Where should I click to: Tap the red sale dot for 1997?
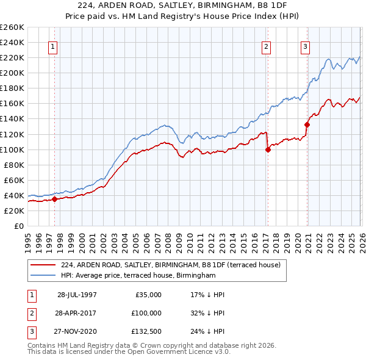55,198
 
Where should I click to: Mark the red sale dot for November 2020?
307,124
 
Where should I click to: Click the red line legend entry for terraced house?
170,265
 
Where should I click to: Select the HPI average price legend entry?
138,276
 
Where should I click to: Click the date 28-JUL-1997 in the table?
77,294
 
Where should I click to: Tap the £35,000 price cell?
148,294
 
